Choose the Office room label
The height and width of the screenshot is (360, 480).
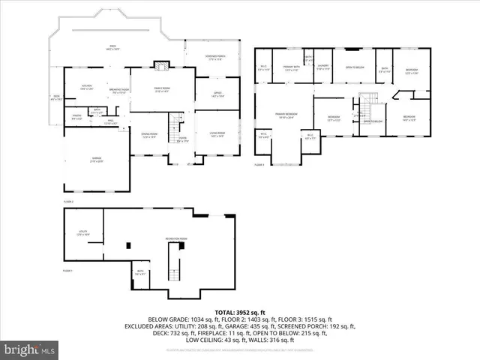pos(217,95)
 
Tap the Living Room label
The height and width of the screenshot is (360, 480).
pos(217,135)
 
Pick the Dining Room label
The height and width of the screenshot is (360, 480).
pos(149,136)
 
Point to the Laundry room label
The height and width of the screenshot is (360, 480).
pos(322,68)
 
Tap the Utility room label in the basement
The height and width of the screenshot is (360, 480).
pos(84,232)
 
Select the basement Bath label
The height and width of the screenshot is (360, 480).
pos(140,273)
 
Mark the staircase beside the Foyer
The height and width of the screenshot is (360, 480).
pos(176,124)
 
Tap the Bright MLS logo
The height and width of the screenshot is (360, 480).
pos(30,349)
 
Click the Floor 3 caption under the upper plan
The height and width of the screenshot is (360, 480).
pos(259,163)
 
